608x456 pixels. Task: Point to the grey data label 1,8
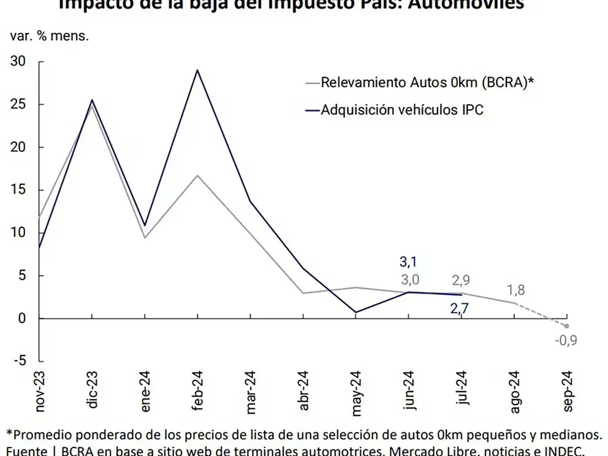point(515,291)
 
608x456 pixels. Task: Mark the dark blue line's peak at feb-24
point(197,70)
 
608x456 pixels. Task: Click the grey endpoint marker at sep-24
point(566,326)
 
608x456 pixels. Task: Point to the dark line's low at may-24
point(355,312)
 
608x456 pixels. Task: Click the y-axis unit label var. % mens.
point(50,35)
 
